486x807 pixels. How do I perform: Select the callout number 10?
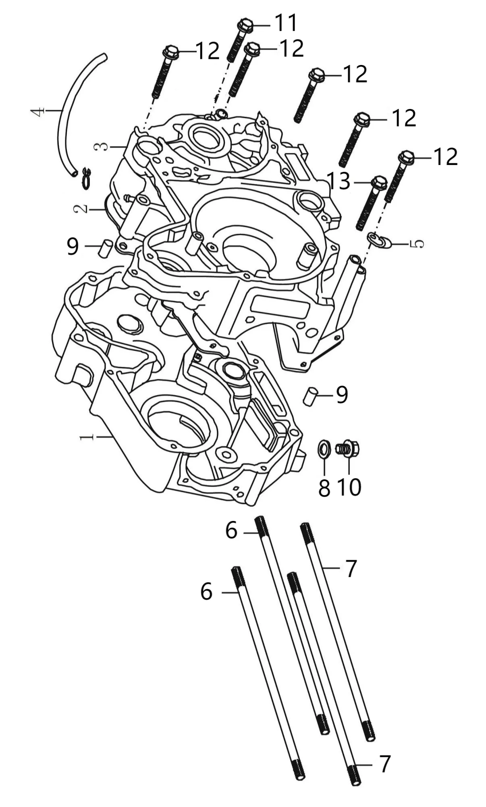349,487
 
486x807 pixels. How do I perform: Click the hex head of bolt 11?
245,25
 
